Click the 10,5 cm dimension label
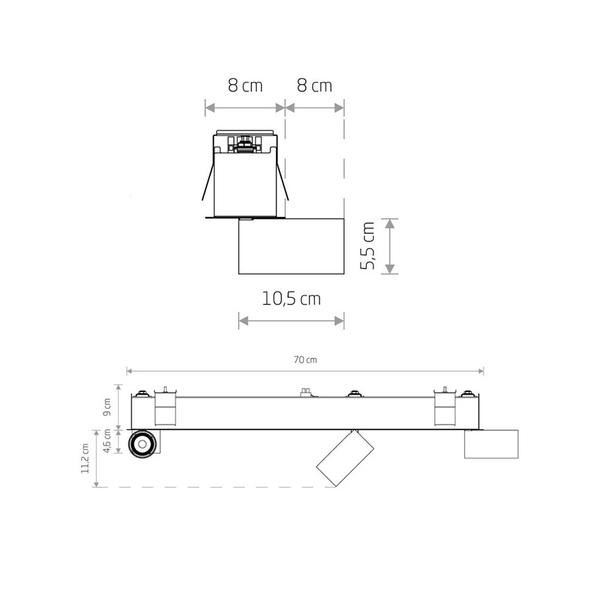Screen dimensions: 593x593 point(291,298)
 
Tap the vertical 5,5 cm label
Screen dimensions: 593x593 point(367,246)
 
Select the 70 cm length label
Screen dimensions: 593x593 point(305,360)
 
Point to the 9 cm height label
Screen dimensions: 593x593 point(107,407)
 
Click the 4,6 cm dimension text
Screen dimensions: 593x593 point(107,441)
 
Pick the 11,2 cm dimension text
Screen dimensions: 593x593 point(85,459)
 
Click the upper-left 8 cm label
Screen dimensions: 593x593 point(245,86)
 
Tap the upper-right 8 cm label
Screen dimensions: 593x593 point(314,86)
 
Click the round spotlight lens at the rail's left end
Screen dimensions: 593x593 point(142,444)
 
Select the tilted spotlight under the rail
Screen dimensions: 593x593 point(345,458)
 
